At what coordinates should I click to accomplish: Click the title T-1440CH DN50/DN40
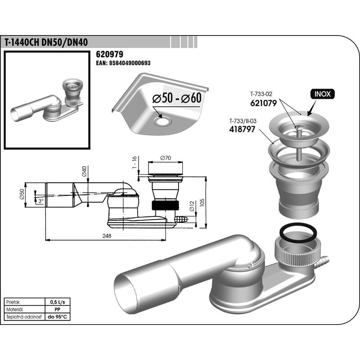(x=46, y=43)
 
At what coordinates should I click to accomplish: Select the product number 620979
(x=109, y=54)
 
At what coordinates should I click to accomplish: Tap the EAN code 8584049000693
(x=123, y=63)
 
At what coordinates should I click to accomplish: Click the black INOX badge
(x=323, y=94)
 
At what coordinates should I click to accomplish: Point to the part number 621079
(x=264, y=103)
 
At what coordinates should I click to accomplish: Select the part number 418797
(x=242, y=129)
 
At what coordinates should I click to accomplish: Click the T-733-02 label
(x=261, y=94)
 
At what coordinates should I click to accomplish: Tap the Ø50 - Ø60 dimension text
(x=177, y=98)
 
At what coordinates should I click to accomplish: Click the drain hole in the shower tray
(x=162, y=121)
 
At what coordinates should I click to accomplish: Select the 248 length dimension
(x=107, y=236)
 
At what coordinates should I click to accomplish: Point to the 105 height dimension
(x=202, y=202)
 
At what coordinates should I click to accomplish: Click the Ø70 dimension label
(x=166, y=158)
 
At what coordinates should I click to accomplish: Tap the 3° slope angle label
(x=41, y=201)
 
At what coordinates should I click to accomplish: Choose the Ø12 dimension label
(x=192, y=206)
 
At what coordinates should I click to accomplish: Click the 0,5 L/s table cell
(x=58, y=302)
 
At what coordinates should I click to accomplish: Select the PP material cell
(x=58, y=310)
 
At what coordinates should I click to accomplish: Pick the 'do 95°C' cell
(x=58, y=317)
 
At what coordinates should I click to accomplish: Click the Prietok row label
(x=13, y=302)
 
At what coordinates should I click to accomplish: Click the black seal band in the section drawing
(x=165, y=205)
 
